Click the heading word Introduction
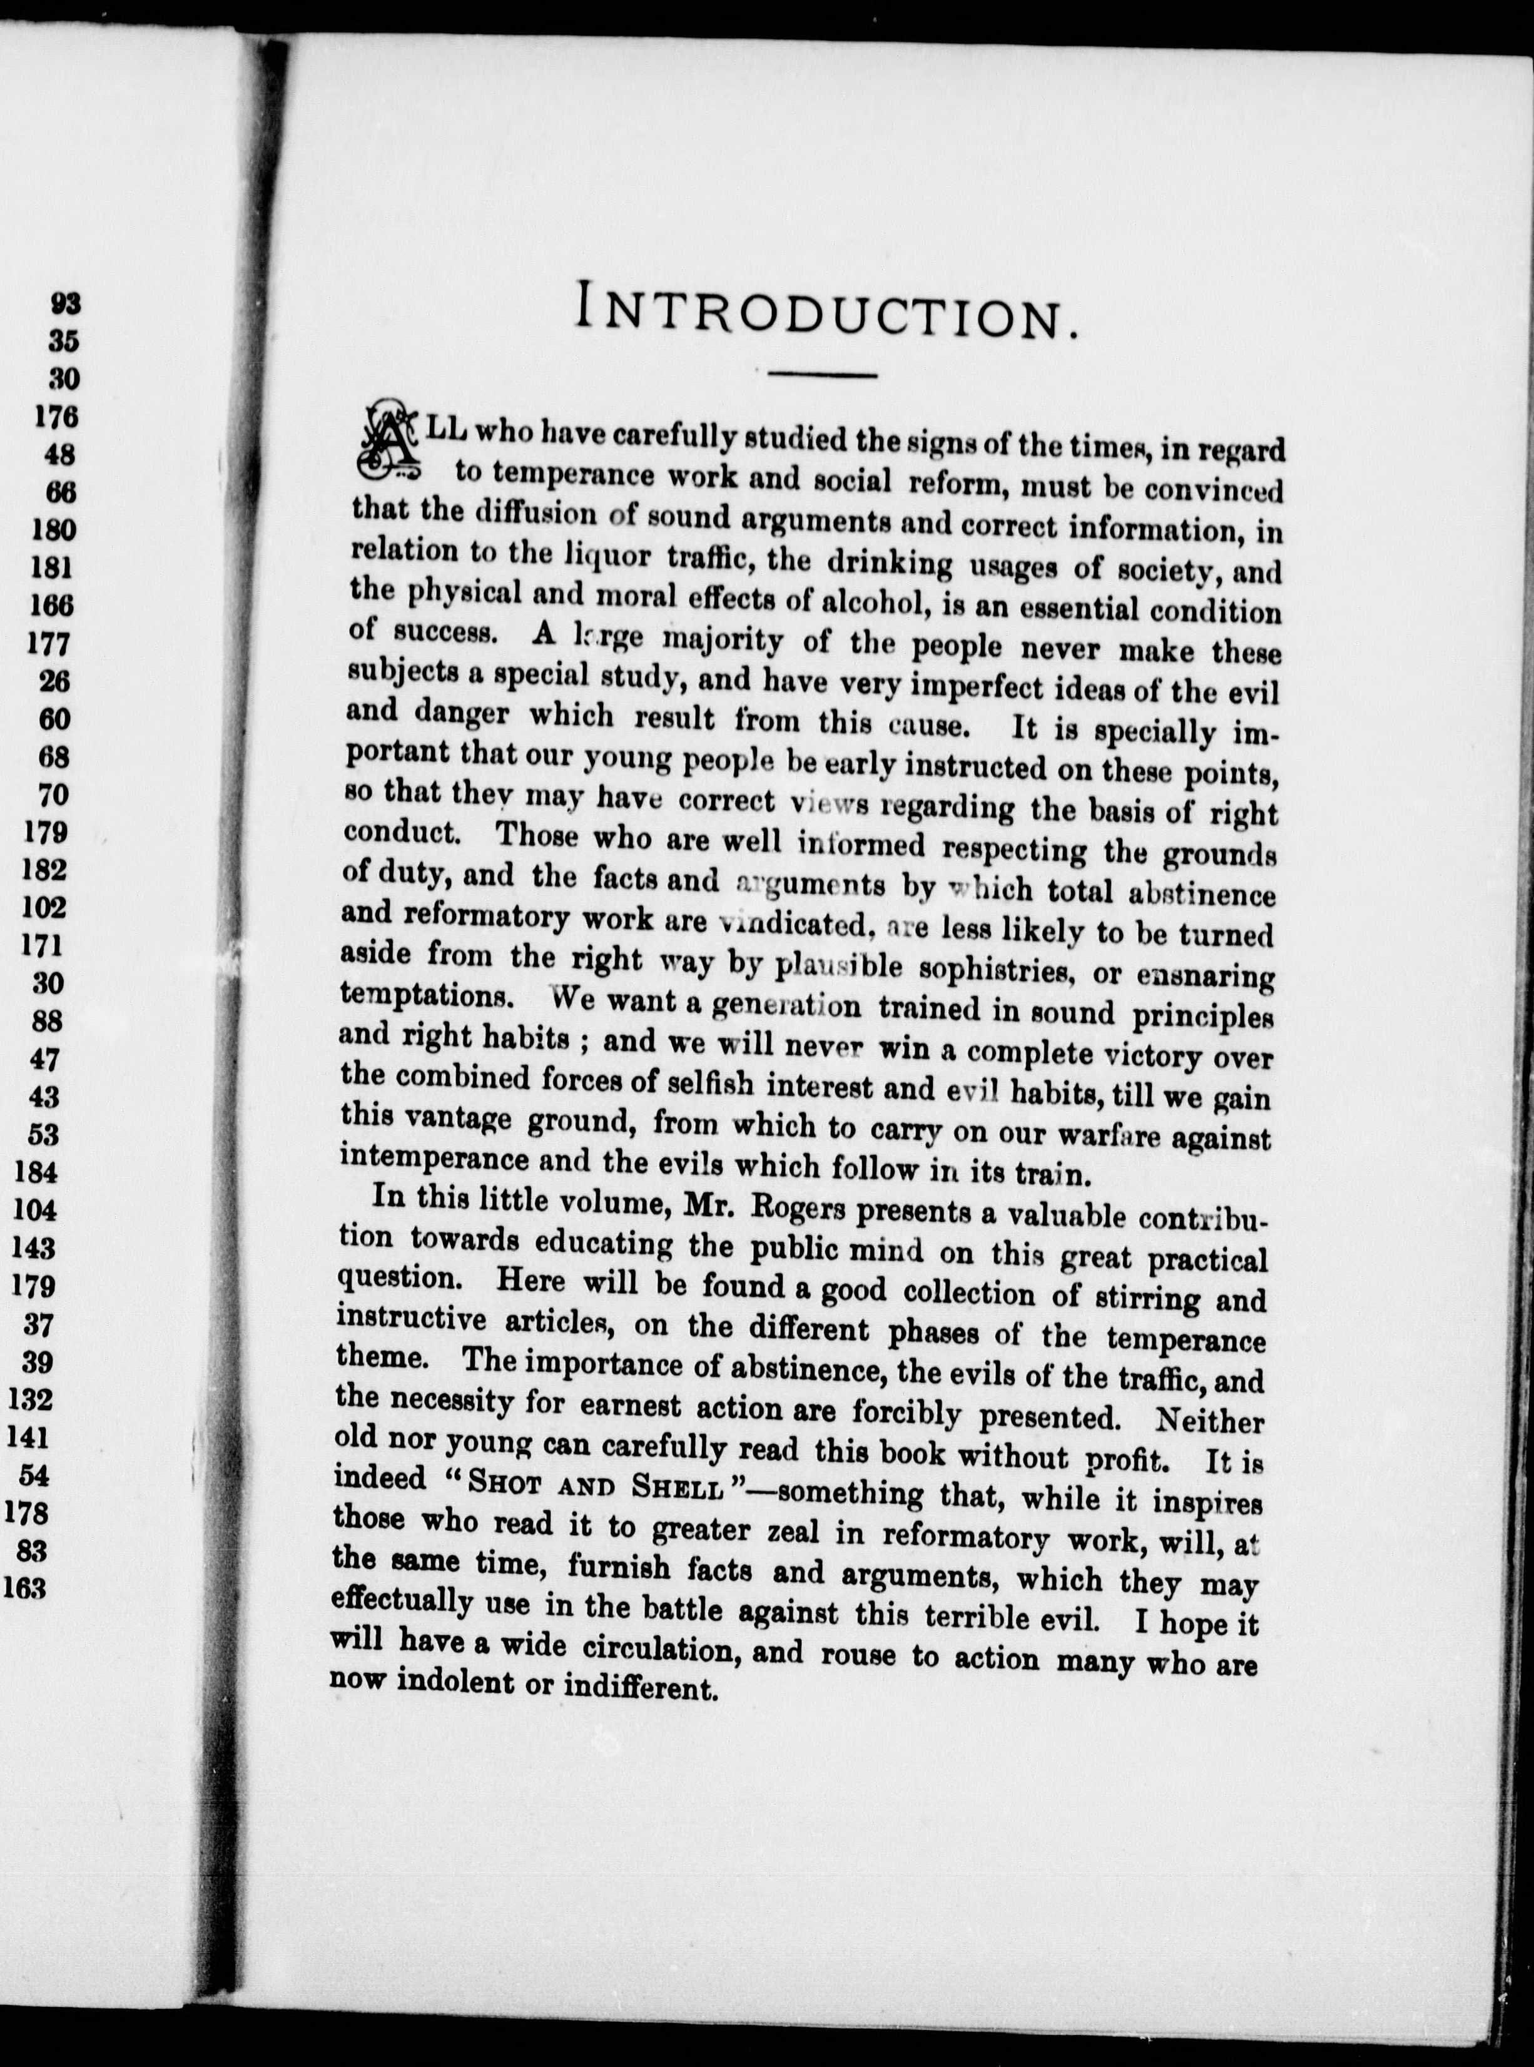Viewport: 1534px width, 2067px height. [x=827, y=309]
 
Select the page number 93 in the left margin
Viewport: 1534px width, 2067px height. [x=66, y=303]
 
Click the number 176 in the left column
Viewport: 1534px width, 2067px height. [x=58, y=417]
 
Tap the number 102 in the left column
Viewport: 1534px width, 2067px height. [x=44, y=907]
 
